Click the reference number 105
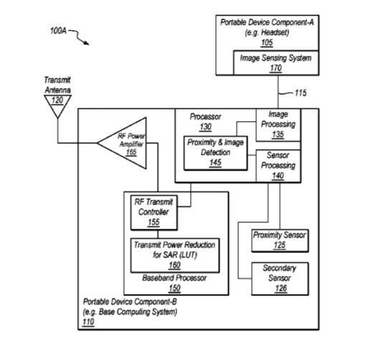pyautogui.click(x=267, y=43)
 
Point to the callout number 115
pyautogui.click(x=301, y=93)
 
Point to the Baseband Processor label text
pyautogui.click(x=174, y=278)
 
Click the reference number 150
pyautogui.click(x=175, y=288)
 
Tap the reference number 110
pyautogui.click(x=88, y=322)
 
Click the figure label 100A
pyautogui.click(x=58, y=31)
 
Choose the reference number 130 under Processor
pyautogui.click(x=205, y=127)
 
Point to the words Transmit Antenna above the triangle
pyautogui.click(x=57, y=85)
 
